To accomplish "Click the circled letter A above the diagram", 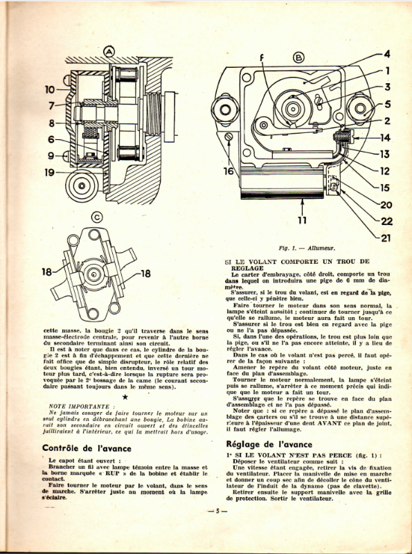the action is pyautogui.click(x=109, y=53).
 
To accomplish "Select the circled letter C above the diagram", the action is pyautogui.click(x=97, y=217).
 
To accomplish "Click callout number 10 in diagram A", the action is pyautogui.click(x=50, y=90).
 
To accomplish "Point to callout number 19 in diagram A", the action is pyautogui.click(x=50, y=172).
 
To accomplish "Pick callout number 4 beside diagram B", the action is pyautogui.click(x=387, y=54).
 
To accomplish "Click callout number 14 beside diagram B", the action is pyautogui.click(x=384, y=137).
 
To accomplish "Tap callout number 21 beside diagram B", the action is pyautogui.click(x=386, y=238).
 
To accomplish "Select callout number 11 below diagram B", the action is pyautogui.click(x=302, y=220).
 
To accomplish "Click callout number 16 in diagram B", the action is pyautogui.click(x=229, y=171).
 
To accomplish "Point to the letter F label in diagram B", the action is pyautogui.click(x=262, y=59).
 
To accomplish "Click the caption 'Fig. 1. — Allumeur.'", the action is pyautogui.click(x=306, y=249).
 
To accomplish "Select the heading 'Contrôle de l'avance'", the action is pyautogui.click(x=87, y=448).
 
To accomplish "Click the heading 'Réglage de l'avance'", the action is pyautogui.click(x=269, y=444).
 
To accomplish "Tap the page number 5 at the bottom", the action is pyautogui.click(x=217, y=511).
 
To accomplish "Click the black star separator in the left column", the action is pyautogui.click(x=125, y=397).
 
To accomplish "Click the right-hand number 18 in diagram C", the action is pyautogui.click(x=145, y=274).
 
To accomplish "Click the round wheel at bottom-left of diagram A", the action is pyautogui.click(x=82, y=186).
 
